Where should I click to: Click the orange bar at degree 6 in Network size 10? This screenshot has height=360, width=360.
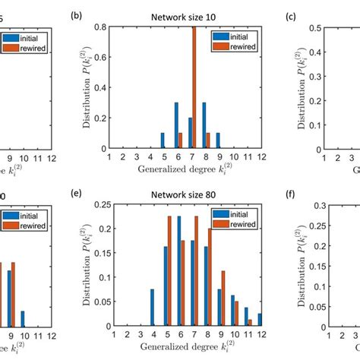coord(180,138)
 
